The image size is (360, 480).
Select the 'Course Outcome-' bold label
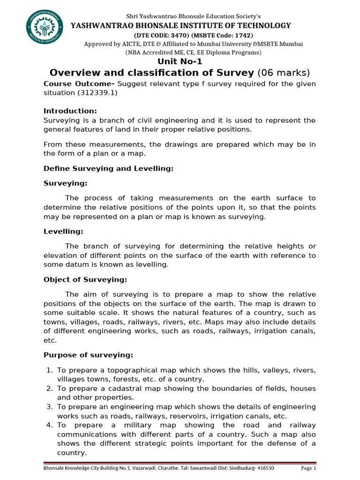(79, 84)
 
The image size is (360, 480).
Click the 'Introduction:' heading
(70, 111)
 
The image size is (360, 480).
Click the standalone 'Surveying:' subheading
(66, 183)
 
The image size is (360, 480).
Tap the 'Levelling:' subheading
(63, 232)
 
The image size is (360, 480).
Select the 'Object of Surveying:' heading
(85, 280)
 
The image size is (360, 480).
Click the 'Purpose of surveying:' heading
(89, 355)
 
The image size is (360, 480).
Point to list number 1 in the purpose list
(49, 370)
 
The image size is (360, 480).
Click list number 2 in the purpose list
(49, 389)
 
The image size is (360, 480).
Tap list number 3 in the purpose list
(49, 407)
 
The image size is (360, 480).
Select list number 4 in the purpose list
(49, 425)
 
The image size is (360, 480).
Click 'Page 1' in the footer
(308, 468)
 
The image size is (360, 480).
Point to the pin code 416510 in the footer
(265, 468)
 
